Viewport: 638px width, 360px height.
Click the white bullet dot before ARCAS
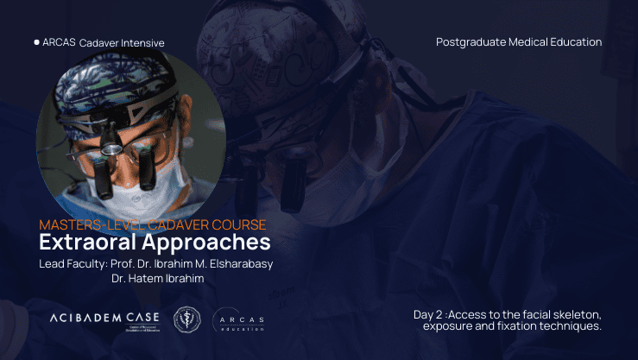(36, 41)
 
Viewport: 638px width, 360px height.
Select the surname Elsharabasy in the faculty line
(237, 264)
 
